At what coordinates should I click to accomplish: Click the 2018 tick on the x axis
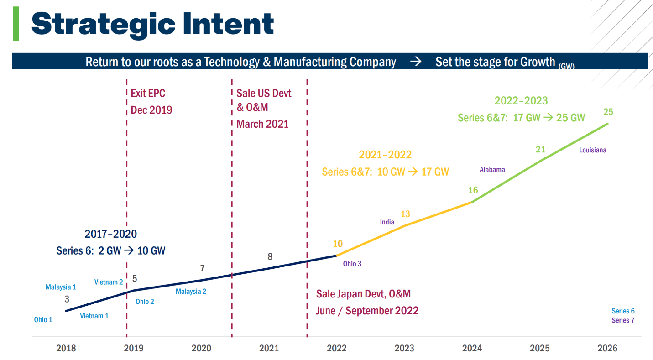point(66,349)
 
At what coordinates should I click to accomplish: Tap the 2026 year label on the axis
point(607,349)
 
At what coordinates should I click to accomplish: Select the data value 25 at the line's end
point(608,112)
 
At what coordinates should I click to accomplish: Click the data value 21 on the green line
point(540,149)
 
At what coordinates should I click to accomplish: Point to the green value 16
point(473,190)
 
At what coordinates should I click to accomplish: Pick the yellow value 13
point(405,214)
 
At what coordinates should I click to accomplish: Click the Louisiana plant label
point(593,150)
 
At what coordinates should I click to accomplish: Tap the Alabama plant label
point(492,170)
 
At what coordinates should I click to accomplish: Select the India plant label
point(387,222)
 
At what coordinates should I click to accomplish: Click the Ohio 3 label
point(352,264)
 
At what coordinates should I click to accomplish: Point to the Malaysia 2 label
point(191,291)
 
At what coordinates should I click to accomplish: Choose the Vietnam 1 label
point(94,316)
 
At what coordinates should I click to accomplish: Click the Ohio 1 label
point(43,320)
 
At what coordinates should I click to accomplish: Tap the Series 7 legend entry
point(623,320)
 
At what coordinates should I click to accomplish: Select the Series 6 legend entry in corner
point(623,311)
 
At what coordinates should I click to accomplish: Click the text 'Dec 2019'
point(151,110)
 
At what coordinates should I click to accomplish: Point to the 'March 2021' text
point(262,124)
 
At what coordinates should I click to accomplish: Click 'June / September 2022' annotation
point(367,311)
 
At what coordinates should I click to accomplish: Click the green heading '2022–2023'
point(521,100)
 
